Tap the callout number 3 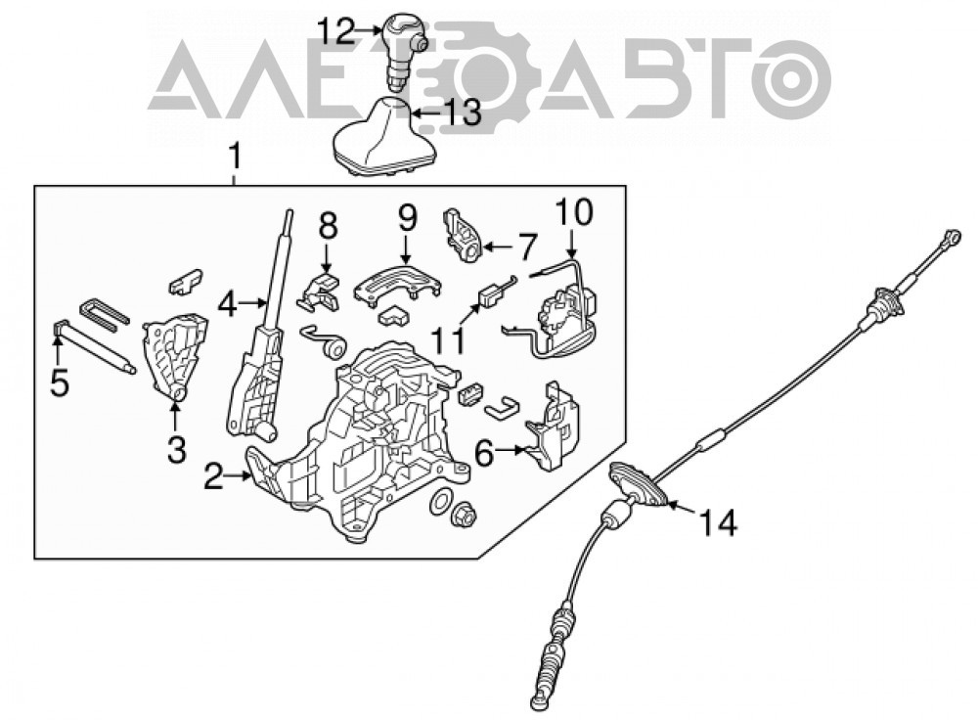[176, 449]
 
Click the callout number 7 [527, 247]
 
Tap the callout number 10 [574, 211]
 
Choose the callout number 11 [450, 340]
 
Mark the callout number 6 [485, 452]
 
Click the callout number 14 [717, 521]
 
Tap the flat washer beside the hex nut [441, 502]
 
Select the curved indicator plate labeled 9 [397, 285]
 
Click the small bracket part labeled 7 [462, 237]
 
